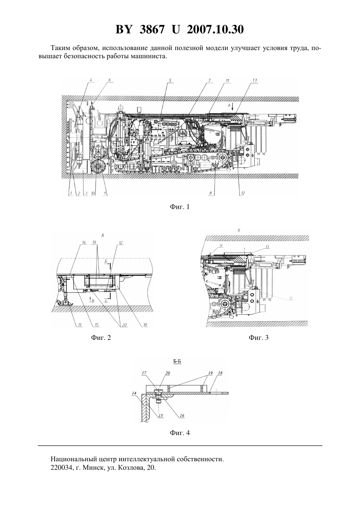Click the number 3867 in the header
pos(152,29)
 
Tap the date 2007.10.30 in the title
pos(215,29)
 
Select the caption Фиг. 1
pos(180,207)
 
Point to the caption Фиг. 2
pos(101,338)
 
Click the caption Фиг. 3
pos(259,338)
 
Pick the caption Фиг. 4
pos(180,433)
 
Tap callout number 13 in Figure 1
pos(254,80)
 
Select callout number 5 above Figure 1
pos(170,80)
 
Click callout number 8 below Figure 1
pos(210,193)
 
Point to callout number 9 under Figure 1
pos(105,193)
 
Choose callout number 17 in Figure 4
pos(144,373)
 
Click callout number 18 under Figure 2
pos(145,325)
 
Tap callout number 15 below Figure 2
pos(96,325)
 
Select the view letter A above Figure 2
pos(102,236)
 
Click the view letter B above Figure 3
pos(239,230)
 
